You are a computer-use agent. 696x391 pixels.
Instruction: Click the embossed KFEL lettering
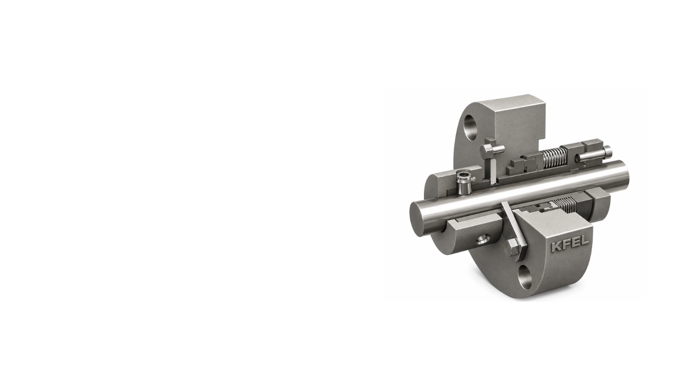click(x=570, y=244)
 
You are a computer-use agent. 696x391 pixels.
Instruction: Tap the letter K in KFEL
click(x=556, y=246)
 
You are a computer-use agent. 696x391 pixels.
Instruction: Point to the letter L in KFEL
click(x=585, y=241)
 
